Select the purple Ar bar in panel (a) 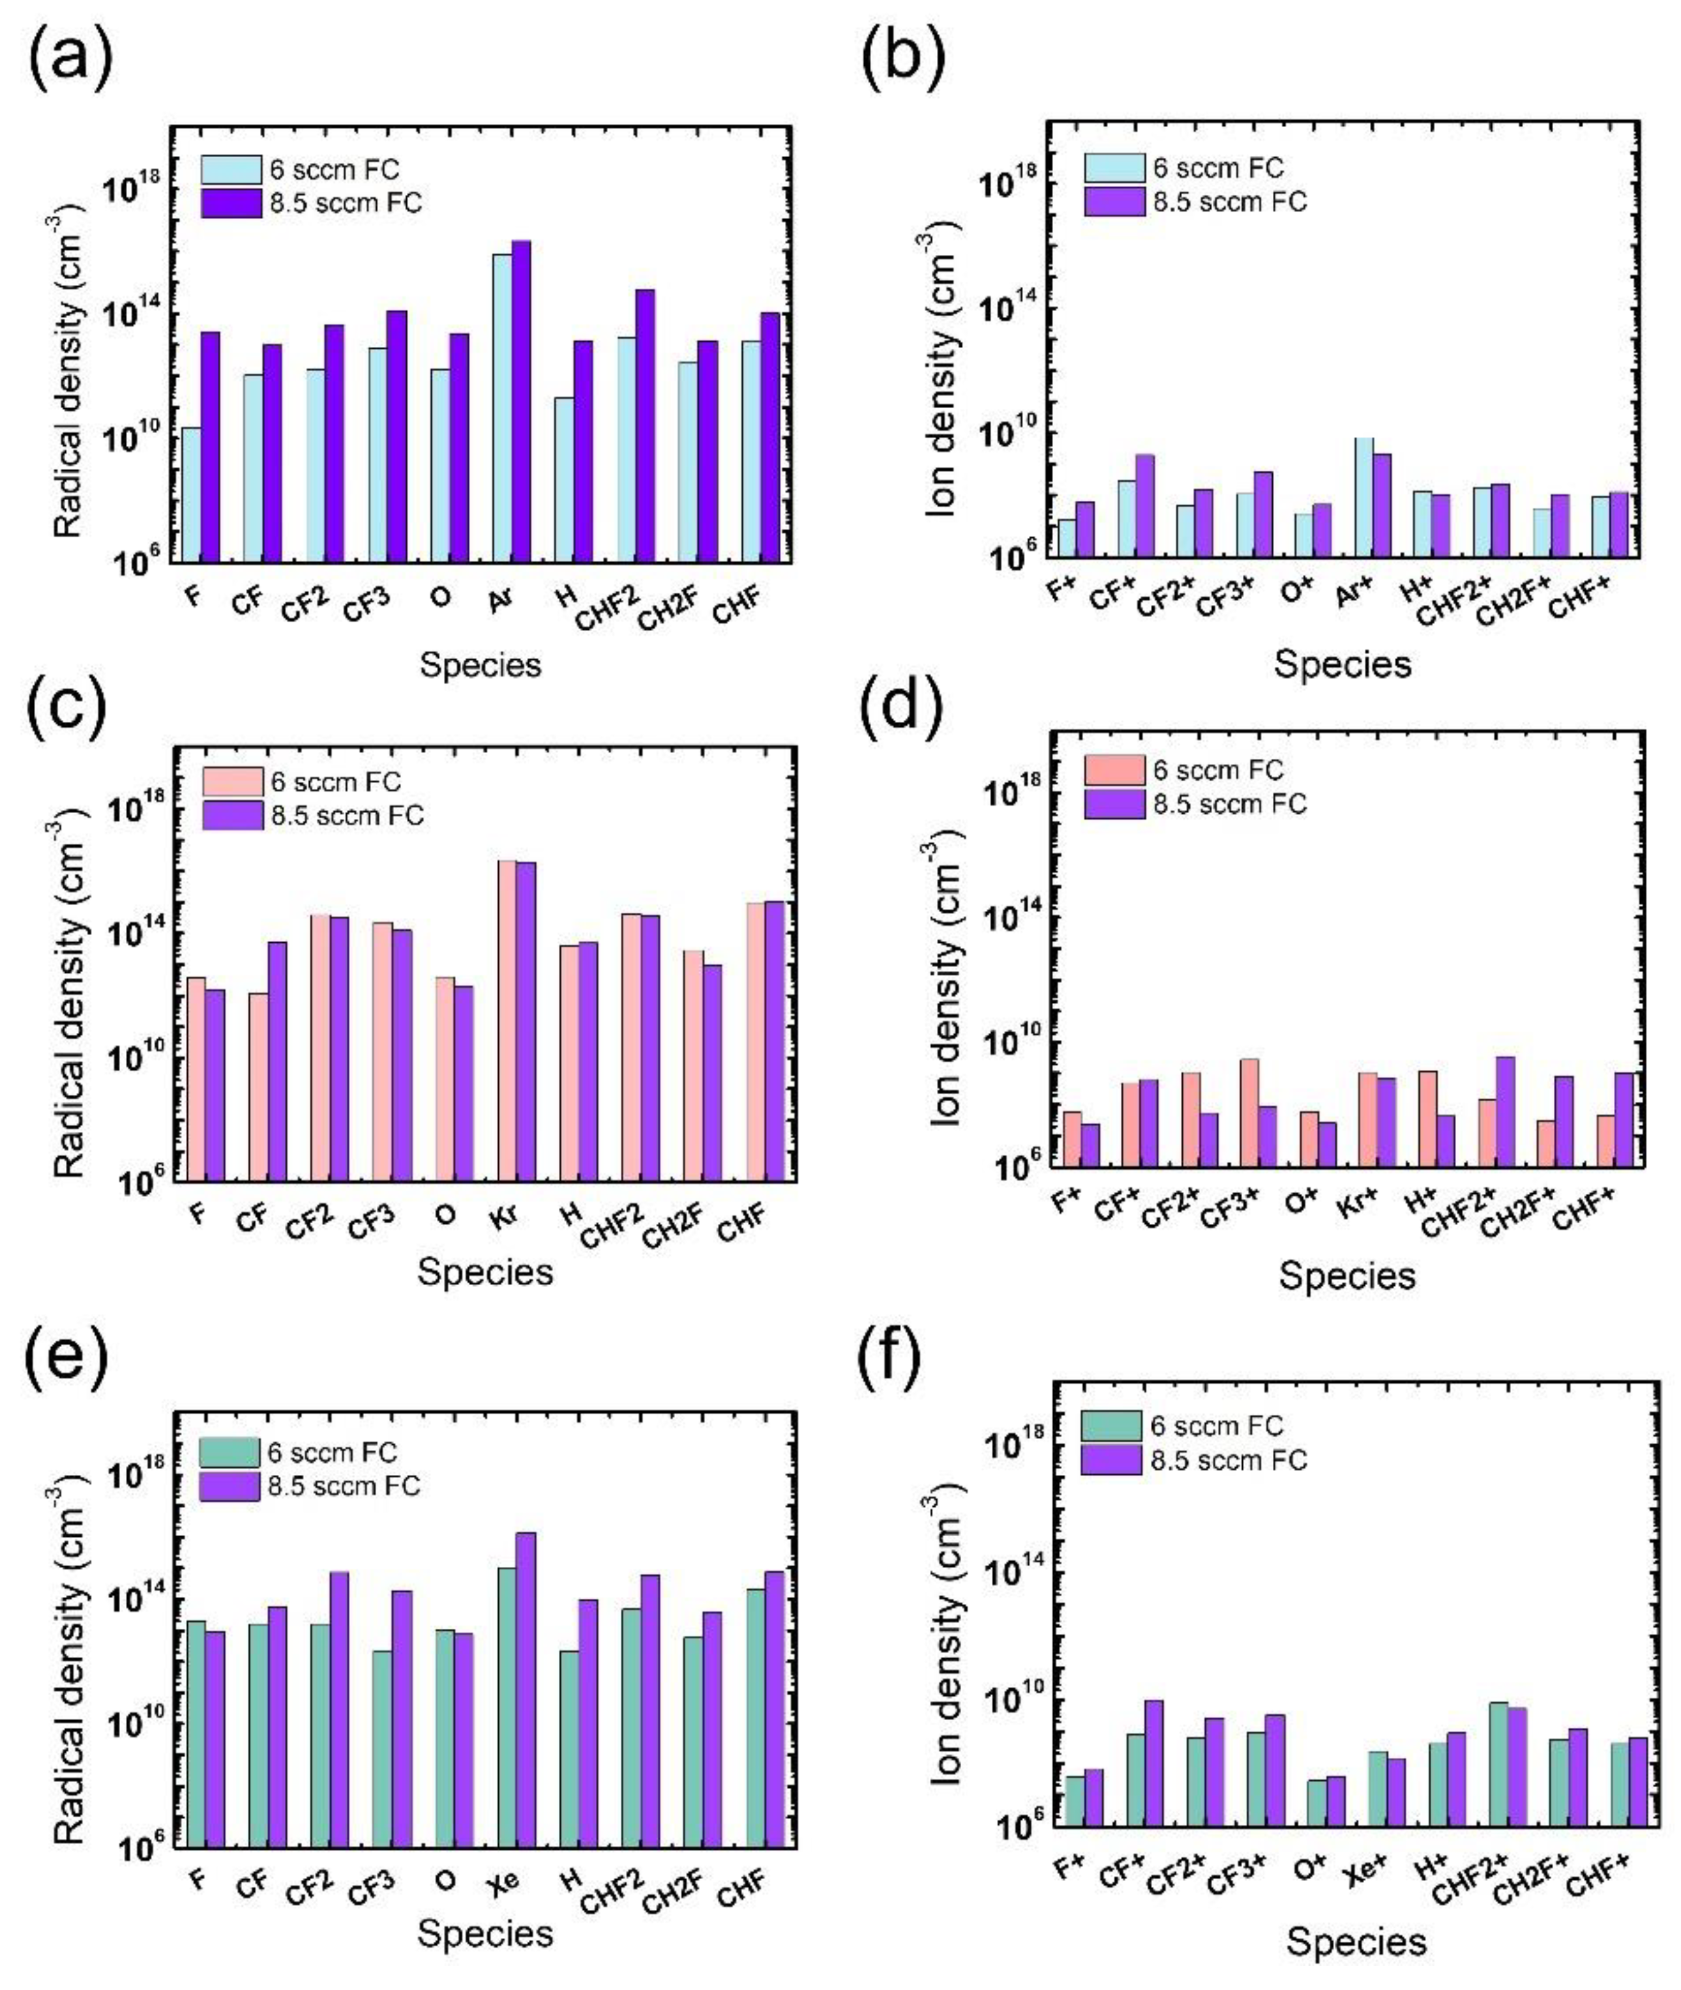[521, 400]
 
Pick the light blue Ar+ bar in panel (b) [1363, 497]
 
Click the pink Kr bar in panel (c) [507, 1020]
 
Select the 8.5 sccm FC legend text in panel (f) [1228, 1460]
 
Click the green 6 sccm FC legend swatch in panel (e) [229, 1453]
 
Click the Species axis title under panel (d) [1346, 1275]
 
